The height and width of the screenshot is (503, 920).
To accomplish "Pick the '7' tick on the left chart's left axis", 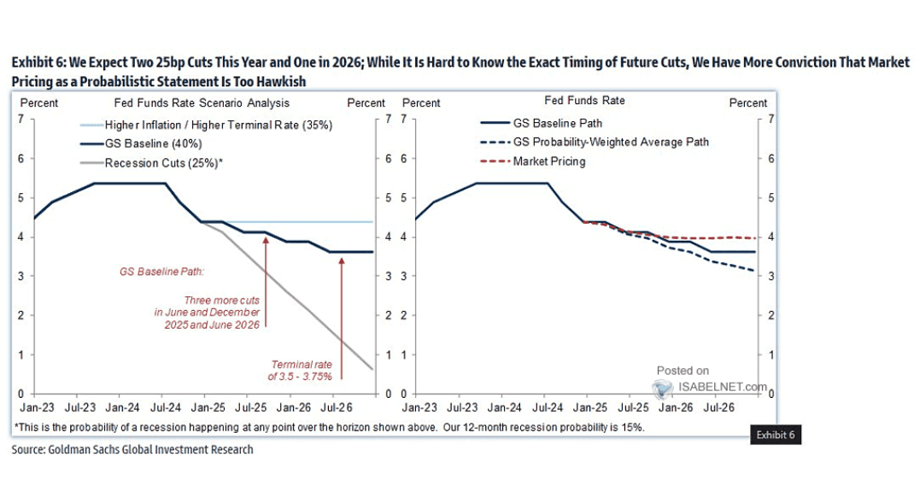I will pyautogui.click(x=21, y=119).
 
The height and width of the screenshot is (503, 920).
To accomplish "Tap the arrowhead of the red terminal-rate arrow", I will pyautogui.click(x=342, y=259).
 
